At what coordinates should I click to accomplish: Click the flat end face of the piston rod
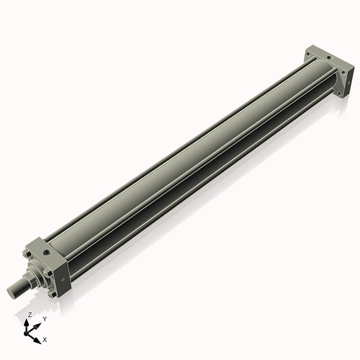tap(11, 292)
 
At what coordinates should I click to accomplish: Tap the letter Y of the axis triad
tap(45, 318)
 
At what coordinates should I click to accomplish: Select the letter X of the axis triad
tap(45, 338)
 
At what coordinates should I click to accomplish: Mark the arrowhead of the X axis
tap(38, 336)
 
